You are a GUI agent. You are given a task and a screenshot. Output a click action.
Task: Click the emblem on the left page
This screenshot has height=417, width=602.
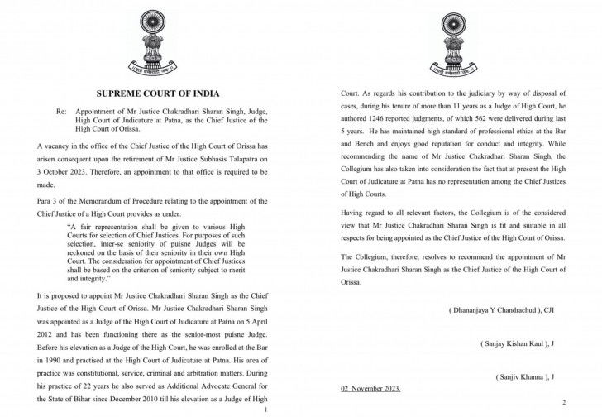(x=155, y=41)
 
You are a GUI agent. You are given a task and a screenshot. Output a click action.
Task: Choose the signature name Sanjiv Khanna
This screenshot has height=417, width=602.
(x=528, y=376)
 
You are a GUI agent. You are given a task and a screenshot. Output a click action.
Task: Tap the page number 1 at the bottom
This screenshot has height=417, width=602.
(x=264, y=410)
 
